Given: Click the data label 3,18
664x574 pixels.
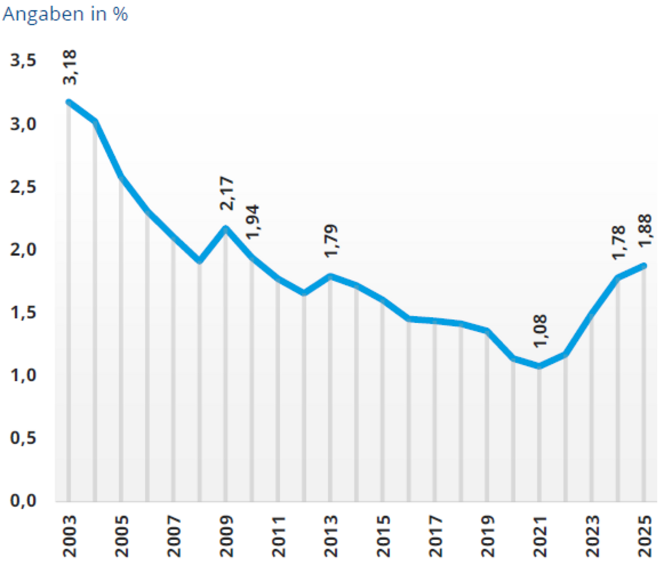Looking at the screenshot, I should [70, 68].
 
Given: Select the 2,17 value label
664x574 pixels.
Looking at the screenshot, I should [227, 195].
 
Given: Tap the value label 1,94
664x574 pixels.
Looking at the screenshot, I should [253, 221].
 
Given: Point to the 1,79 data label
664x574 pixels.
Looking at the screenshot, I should [331, 241].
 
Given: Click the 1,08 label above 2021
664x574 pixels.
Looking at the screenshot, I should [540, 332].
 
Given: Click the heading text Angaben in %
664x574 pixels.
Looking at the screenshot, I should [66, 14].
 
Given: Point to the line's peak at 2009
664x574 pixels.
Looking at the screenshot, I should [226, 228].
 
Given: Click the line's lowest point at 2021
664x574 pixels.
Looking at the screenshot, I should [539, 365].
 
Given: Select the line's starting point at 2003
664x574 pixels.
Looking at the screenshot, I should [69, 102].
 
